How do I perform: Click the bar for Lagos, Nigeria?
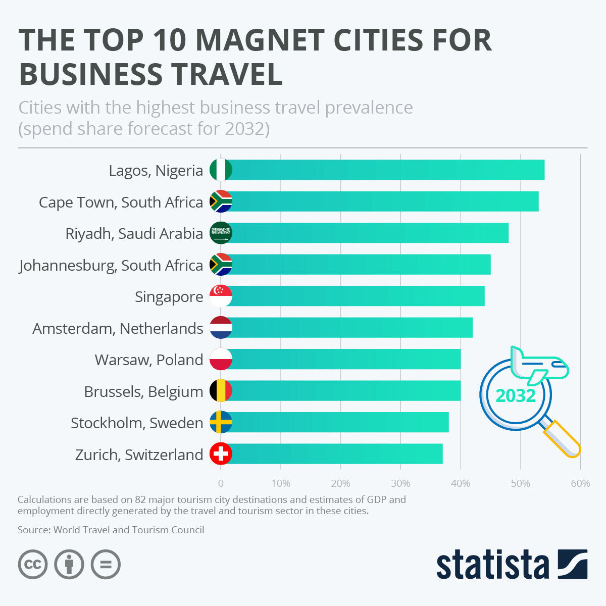(x=384, y=170)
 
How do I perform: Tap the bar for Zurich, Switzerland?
(x=333, y=453)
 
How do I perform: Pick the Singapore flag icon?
(x=221, y=296)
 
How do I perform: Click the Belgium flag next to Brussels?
(x=221, y=391)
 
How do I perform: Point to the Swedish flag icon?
(x=221, y=422)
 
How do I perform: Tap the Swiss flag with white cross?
(x=221, y=453)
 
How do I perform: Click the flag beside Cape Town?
(x=221, y=201)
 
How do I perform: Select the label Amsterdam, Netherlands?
(x=118, y=328)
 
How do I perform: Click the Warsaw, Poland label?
(x=148, y=360)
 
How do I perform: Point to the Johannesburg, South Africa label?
(x=111, y=265)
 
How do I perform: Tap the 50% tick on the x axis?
(x=520, y=483)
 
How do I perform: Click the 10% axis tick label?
(x=281, y=483)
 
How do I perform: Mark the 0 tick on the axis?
(x=221, y=483)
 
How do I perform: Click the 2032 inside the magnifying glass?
(x=516, y=395)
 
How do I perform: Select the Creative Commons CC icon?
(x=33, y=564)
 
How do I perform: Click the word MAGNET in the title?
(x=260, y=40)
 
